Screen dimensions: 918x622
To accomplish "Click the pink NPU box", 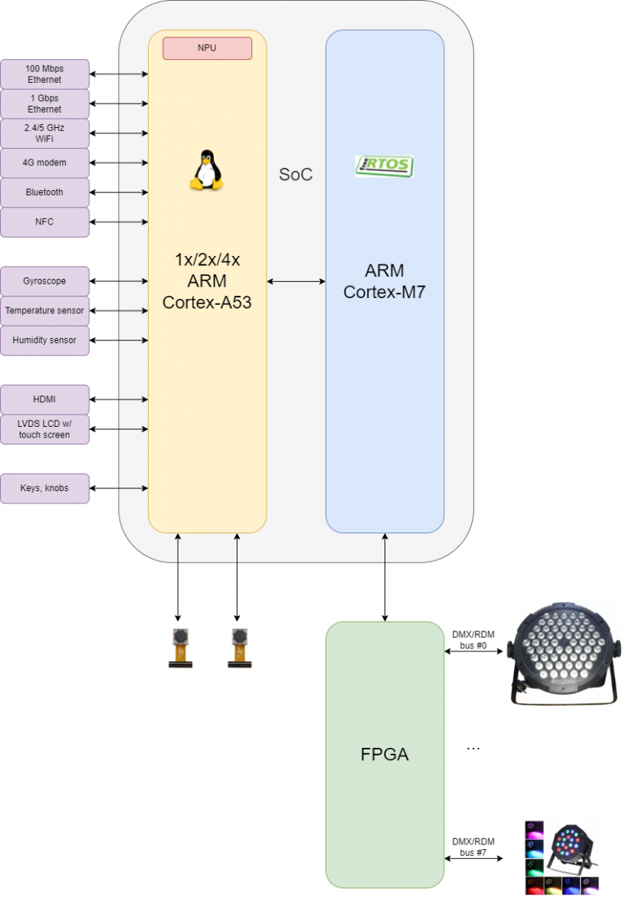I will (207, 48).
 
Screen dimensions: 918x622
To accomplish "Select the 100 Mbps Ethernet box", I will (44, 74).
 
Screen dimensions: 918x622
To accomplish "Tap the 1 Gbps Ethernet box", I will (44, 103).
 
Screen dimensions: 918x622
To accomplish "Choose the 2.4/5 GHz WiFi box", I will (44, 133).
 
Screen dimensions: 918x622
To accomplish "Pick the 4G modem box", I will (44, 162).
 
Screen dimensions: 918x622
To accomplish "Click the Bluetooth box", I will (44, 192).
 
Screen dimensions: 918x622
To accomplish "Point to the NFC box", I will (44, 222).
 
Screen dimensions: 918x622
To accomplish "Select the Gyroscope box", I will (44, 281).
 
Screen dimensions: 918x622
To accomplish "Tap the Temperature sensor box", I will (44, 310).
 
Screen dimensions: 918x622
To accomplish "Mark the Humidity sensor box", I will (44, 340).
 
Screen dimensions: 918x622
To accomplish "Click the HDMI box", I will (44, 399).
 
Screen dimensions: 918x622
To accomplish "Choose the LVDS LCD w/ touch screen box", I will (44, 429).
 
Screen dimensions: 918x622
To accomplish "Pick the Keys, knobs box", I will (44, 488).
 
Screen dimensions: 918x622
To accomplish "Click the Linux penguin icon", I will (206, 170).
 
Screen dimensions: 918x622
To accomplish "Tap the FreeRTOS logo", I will (384, 166).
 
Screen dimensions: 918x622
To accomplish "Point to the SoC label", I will (296, 175).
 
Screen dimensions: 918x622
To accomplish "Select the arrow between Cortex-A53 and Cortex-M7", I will (296, 281).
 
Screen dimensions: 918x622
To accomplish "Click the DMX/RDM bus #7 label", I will (473, 847).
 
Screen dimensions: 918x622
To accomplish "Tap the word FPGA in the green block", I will (385, 754).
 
